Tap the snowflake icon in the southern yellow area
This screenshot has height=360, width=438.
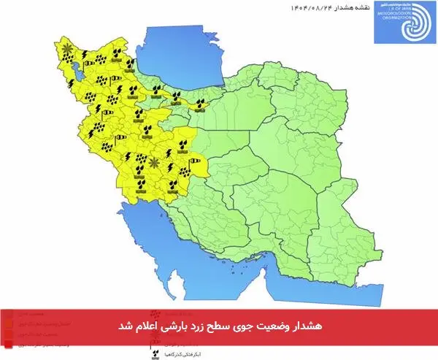click(x=153, y=162)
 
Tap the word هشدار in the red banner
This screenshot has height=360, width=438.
click(x=303, y=322)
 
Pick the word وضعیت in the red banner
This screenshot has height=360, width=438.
click(x=267, y=322)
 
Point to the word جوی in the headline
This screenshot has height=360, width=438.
click(x=240, y=322)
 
